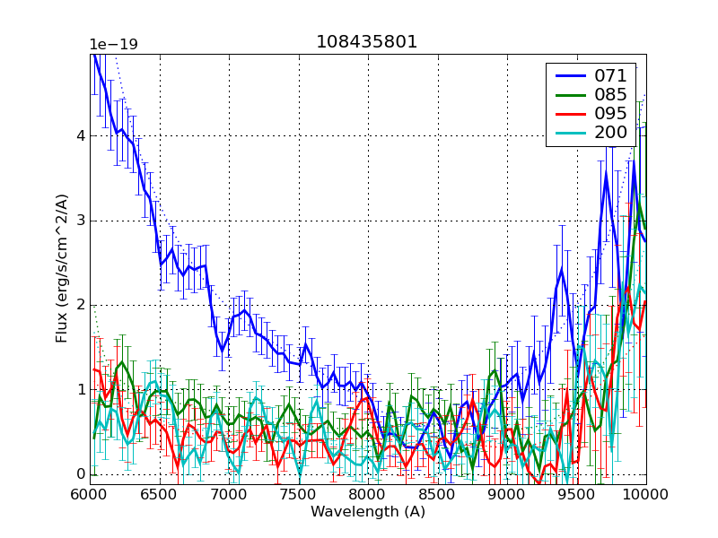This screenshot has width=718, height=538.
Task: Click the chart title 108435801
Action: pyautogui.click(x=366, y=42)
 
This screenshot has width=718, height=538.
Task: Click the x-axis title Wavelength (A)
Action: pyautogui.click(x=368, y=512)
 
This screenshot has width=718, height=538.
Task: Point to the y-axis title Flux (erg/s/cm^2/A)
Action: pyautogui.click(x=62, y=269)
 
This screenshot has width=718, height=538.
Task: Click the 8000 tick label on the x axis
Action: pyautogui.click(x=368, y=494)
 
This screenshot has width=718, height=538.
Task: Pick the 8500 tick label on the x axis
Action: pyautogui.click(x=437, y=494)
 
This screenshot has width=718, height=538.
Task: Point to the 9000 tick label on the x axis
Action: pyautogui.click(x=507, y=494)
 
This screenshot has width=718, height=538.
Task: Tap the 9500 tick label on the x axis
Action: pyautogui.click(x=576, y=494)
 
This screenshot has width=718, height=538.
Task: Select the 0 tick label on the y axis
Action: pyautogui.click(x=79, y=474)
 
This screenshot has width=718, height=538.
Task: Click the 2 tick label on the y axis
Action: pyautogui.click(x=79, y=305)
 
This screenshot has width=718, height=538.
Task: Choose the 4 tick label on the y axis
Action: pyautogui.click(x=79, y=136)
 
